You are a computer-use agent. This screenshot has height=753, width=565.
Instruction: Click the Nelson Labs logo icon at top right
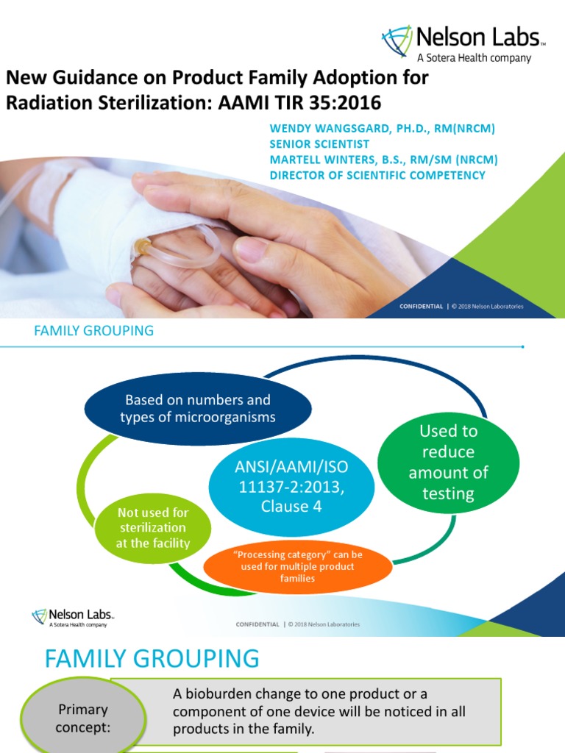397,41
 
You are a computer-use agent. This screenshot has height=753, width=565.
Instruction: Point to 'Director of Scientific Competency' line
377,175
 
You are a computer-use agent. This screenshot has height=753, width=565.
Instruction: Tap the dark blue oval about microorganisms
198,409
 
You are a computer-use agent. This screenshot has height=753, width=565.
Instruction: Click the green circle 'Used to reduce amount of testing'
448,462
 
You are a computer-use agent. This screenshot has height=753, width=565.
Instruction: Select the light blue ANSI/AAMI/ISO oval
291,486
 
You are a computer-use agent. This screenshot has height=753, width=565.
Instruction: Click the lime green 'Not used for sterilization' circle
154,528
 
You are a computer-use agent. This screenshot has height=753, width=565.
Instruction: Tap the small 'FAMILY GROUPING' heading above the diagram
94,331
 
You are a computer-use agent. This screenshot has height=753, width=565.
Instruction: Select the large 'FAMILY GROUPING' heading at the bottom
152,658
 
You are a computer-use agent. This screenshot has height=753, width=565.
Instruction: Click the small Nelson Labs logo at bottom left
72,616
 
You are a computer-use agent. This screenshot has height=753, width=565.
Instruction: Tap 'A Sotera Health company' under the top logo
474,58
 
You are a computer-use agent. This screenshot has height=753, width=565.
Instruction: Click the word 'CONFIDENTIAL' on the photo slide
422,306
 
